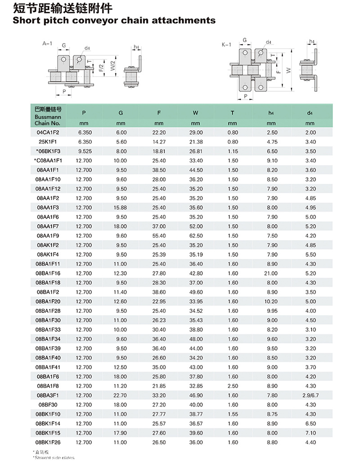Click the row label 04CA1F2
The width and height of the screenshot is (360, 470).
[48, 132]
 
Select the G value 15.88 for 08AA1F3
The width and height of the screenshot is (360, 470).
[121, 208]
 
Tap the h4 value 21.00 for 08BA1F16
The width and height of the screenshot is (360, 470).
[272, 273]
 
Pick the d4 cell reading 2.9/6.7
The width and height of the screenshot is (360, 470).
[310, 395]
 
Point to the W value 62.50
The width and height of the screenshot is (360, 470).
[195, 235]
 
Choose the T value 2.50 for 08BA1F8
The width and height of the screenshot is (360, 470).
[233, 386]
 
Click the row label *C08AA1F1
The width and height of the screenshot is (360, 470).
[48, 161]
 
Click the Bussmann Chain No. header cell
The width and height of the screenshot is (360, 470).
[48, 116]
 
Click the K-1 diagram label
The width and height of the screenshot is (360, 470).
[226, 44]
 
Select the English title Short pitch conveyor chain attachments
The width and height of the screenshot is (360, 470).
[114, 20]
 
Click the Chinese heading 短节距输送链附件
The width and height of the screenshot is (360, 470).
[63, 8]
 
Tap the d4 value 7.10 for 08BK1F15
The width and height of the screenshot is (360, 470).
[310, 433]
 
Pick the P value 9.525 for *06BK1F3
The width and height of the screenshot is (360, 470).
[84, 151]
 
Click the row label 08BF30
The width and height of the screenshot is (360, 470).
[48, 404]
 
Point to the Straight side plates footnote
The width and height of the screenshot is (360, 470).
[54, 457]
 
